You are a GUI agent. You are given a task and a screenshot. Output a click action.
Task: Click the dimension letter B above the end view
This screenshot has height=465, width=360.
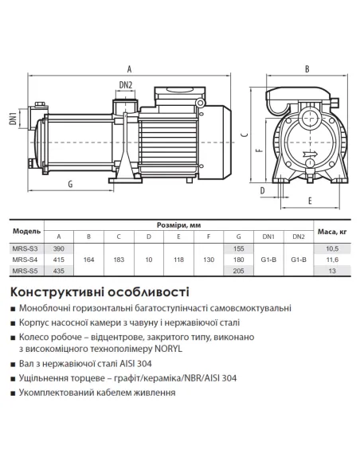point(307,68)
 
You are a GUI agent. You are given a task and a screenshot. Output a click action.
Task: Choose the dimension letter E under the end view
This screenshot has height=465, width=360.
point(308,202)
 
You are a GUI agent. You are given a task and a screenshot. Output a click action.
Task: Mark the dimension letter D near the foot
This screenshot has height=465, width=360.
point(261,190)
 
